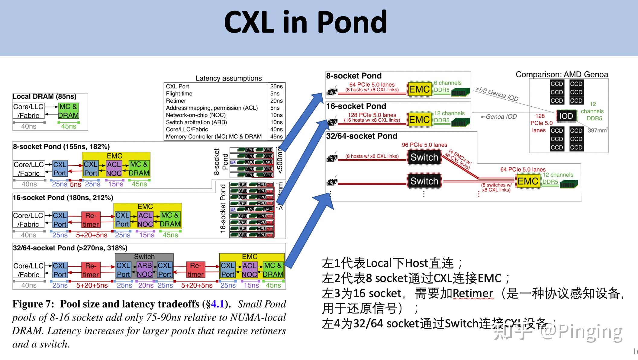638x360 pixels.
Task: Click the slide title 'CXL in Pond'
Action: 305,22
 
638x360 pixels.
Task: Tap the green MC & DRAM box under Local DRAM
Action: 68,111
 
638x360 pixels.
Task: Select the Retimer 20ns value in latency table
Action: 276,101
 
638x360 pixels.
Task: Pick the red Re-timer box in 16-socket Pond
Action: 91,220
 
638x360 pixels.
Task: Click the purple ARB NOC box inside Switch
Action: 145,270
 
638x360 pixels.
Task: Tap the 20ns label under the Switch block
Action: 146,285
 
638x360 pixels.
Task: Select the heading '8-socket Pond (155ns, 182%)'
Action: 61,147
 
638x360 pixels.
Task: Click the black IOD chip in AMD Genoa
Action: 566,116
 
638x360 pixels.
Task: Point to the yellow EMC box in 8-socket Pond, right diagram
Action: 419,89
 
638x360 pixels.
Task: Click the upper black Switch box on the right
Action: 424,157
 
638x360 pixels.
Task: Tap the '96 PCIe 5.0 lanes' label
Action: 424,145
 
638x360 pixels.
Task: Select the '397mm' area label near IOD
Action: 597,130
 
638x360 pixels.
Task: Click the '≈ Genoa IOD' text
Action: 499,117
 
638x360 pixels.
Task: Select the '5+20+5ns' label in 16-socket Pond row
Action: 92,235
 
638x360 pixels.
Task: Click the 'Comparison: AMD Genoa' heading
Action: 562,75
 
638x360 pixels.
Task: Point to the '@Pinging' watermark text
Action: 581,332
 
